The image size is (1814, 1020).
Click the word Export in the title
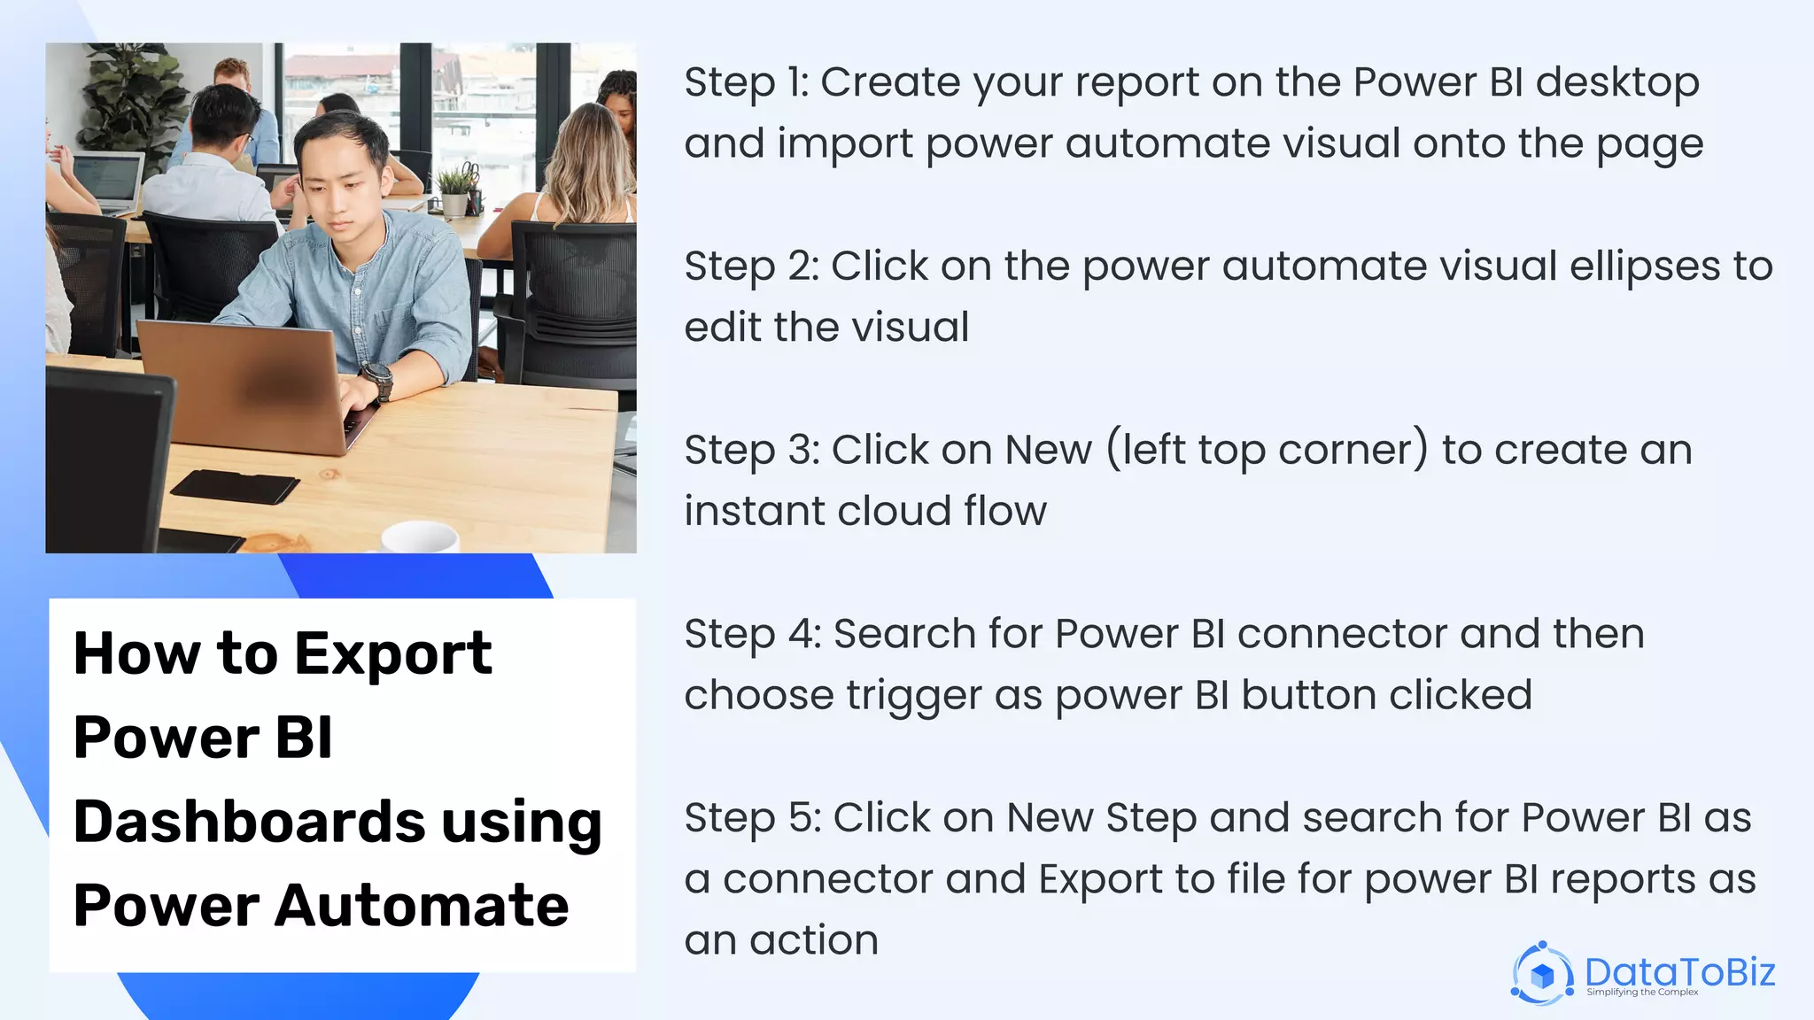coord(392,654)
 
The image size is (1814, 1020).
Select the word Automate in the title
coord(422,906)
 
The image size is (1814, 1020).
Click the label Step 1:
coord(747,82)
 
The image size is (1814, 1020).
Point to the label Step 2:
coord(751,267)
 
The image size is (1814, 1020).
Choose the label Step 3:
coord(752,451)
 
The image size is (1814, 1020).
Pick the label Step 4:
coord(753,635)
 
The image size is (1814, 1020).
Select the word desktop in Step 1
coord(1617,82)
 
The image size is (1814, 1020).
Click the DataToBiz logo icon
coord(1542,974)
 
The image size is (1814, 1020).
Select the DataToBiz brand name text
coord(1679,972)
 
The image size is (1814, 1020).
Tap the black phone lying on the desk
coord(235,486)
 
